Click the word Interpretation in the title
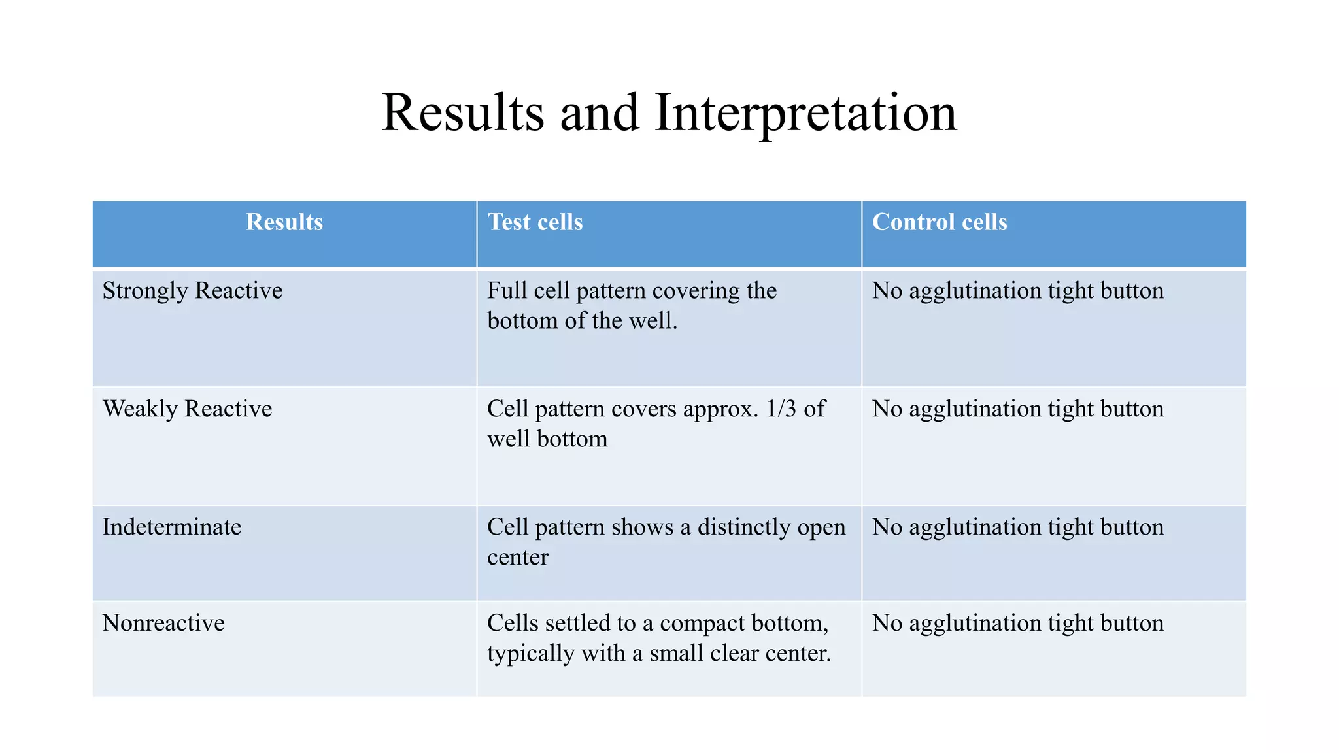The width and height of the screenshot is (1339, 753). pyautogui.click(x=805, y=113)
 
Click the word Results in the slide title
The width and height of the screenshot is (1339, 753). pyautogui.click(x=462, y=113)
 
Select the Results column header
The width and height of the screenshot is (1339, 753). pyautogui.click(x=284, y=222)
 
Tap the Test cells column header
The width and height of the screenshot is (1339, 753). pyautogui.click(x=535, y=222)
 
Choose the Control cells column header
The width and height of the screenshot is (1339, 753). pyautogui.click(x=940, y=222)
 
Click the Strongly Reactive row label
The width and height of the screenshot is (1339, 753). pyautogui.click(x=193, y=291)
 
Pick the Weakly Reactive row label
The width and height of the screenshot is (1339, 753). pyautogui.click(x=188, y=409)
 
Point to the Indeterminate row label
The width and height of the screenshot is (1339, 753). pyautogui.click(x=172, y=527)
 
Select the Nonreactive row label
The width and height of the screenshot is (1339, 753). pyautogui.click(x=163, y=624)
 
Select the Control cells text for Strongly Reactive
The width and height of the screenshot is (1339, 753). pyautogui.click(x=1018, y=291)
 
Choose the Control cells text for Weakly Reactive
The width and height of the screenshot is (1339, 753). pyautogui.click(x=1018, y=409)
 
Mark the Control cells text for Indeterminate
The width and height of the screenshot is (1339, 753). pyautogui.click(x=1018, y=527)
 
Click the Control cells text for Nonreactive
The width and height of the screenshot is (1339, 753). pyautogui.click(x=1018, y=624)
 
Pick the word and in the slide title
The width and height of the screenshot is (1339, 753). pyautogui.click(x=600, y=113)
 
